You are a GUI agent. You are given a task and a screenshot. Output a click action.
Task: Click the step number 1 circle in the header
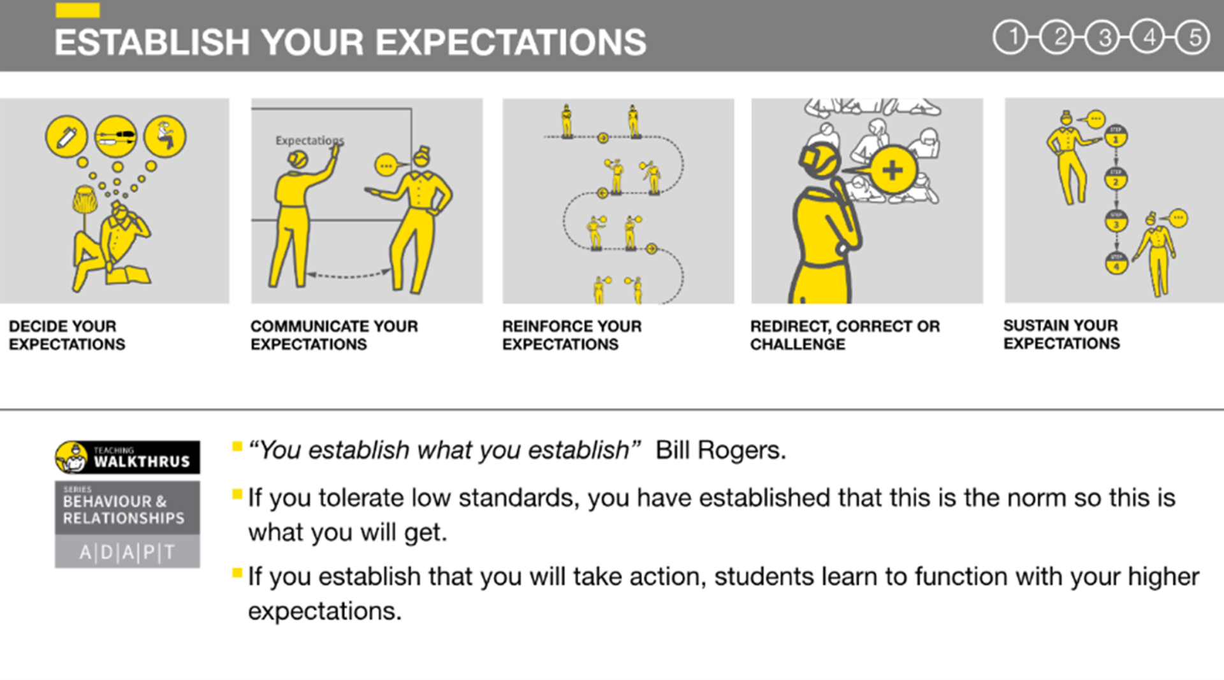(1010, 38)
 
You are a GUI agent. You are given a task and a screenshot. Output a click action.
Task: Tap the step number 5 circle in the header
(1192, 38)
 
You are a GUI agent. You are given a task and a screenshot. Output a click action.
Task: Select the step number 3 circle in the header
(1102, 38)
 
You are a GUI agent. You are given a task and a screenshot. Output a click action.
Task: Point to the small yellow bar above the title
(77, 10)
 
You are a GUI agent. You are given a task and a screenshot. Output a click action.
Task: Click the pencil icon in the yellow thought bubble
(66, 137)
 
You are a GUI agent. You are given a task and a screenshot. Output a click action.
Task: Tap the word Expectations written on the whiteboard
(310, 140)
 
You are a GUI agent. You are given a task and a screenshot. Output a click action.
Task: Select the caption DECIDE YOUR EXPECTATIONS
(67, 335)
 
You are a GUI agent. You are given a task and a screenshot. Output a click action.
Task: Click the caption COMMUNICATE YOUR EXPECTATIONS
(334, 335)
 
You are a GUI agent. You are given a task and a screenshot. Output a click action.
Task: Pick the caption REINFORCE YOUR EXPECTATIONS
(572, 335)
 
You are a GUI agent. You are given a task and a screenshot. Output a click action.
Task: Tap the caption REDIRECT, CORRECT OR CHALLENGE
(845, 335)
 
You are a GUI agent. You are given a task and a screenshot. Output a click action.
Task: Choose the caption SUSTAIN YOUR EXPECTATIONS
(1061, 334)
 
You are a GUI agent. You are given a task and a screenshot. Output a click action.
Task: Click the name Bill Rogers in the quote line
(720, 450)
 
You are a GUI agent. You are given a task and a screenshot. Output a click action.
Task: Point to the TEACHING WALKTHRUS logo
(127, 457)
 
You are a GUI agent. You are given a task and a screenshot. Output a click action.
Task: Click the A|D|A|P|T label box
(127, 552)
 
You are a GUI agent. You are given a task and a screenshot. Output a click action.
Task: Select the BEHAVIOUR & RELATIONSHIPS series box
(127, 508)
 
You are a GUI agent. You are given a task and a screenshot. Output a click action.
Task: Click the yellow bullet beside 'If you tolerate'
(237, 494)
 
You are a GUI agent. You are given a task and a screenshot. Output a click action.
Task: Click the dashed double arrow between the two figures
(349, 276)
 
